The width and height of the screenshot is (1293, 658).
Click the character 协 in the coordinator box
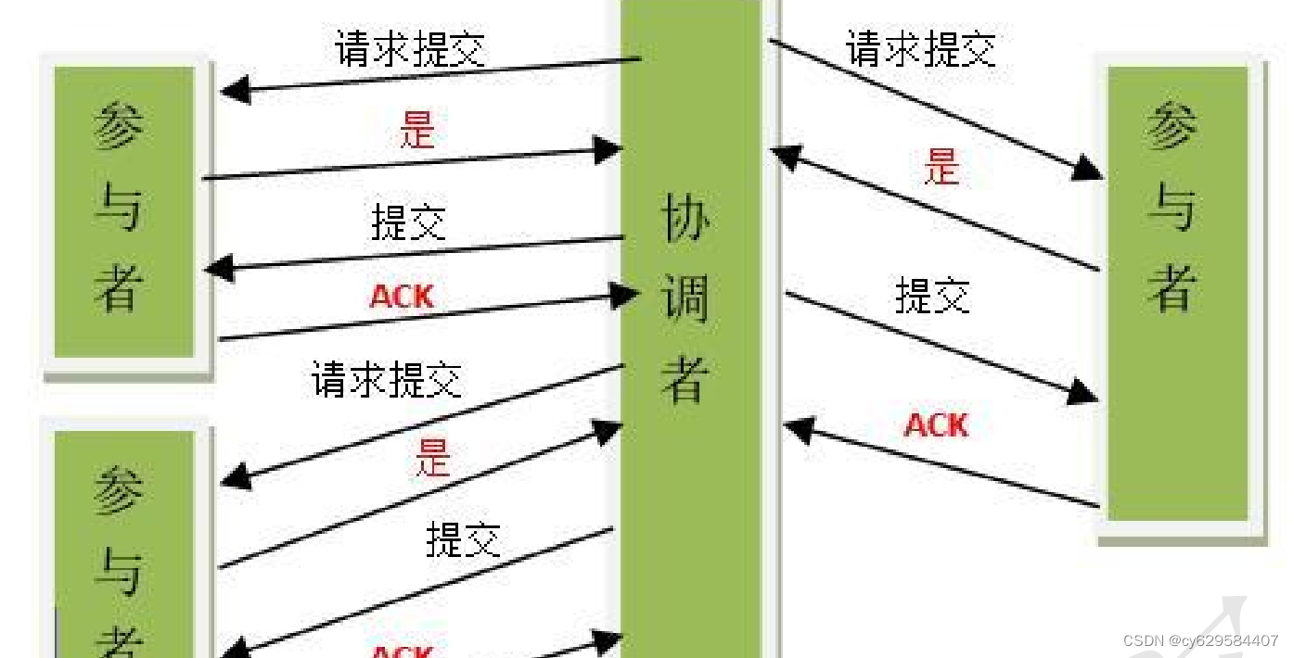point(685,219)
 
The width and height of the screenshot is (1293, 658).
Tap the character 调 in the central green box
point(685,298)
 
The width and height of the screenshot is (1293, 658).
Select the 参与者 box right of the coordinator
point(1177,292)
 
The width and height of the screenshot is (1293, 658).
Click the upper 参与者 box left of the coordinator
point(124,211)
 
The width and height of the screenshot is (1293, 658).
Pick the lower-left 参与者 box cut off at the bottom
point(124,547)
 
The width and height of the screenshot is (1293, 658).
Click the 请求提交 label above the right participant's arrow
point(921,48)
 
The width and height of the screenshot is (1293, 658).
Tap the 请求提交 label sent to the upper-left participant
point(411,48)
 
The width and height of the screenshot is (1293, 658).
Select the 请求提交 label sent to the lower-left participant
point(387,379)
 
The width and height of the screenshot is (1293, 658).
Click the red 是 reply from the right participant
point(941,168)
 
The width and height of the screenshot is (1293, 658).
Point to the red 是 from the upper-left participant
point(416,130)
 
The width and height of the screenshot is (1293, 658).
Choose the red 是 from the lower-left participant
point(432,457)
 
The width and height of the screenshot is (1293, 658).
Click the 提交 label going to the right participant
point(932,297)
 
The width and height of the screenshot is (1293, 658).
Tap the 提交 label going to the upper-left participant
point(409,222)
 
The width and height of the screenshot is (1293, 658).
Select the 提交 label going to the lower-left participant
point(463,539)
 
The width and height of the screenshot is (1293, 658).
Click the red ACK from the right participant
point(936,425)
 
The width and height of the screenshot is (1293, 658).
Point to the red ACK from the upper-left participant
point(402,297)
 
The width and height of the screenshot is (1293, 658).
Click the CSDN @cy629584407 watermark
point(1200,640)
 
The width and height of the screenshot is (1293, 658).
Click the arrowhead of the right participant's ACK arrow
point(798,429)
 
